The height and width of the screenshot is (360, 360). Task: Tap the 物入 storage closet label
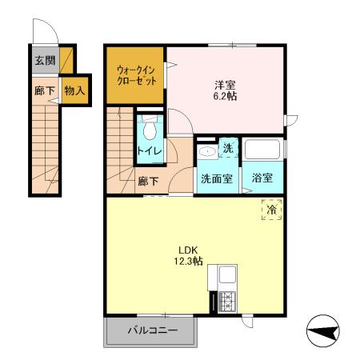[x=74, y=91]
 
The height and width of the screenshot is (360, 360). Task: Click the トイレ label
[x=147, y=150]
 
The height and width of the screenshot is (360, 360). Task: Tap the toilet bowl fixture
[x=148, y=128]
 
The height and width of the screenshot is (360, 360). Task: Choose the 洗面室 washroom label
[x=216, y=178]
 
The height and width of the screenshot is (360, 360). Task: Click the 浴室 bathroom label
[x=263, y=178]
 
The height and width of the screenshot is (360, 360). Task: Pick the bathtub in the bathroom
[x=263, y=150]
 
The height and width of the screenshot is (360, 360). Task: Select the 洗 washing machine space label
[x=227, y=148]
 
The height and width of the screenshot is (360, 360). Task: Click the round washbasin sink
[x=206, y=150]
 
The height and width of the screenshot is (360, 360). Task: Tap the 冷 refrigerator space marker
[x=272, y=210]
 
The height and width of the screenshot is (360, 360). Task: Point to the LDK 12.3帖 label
[x=189, y=254]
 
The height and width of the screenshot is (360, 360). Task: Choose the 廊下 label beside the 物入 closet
[x=44, y=91]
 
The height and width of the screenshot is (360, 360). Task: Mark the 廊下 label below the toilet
[x=149, y=181]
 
